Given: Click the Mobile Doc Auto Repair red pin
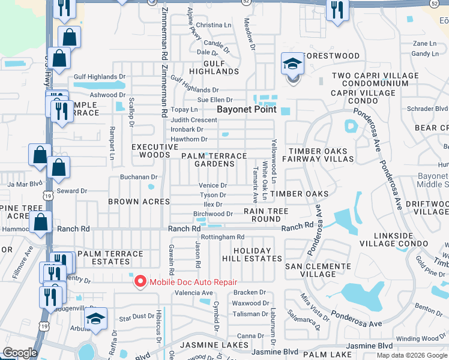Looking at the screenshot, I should point(140,281).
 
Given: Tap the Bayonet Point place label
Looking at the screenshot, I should point(247,110).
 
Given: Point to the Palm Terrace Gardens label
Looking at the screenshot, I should point(214,160).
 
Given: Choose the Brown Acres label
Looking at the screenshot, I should point(139,202).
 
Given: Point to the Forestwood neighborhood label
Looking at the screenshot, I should point(332,56).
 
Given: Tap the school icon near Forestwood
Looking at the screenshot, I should point(292,65).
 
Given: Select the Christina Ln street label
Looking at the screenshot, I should point(214,25).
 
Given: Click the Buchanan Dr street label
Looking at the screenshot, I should point(138,177).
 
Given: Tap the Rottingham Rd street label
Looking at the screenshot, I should point(223,237).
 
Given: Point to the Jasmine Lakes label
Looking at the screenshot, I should point(214,345).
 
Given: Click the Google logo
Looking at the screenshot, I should point(20,353).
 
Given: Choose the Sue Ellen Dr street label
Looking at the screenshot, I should point(214,100).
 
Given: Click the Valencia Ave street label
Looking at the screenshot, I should point(193,293).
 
